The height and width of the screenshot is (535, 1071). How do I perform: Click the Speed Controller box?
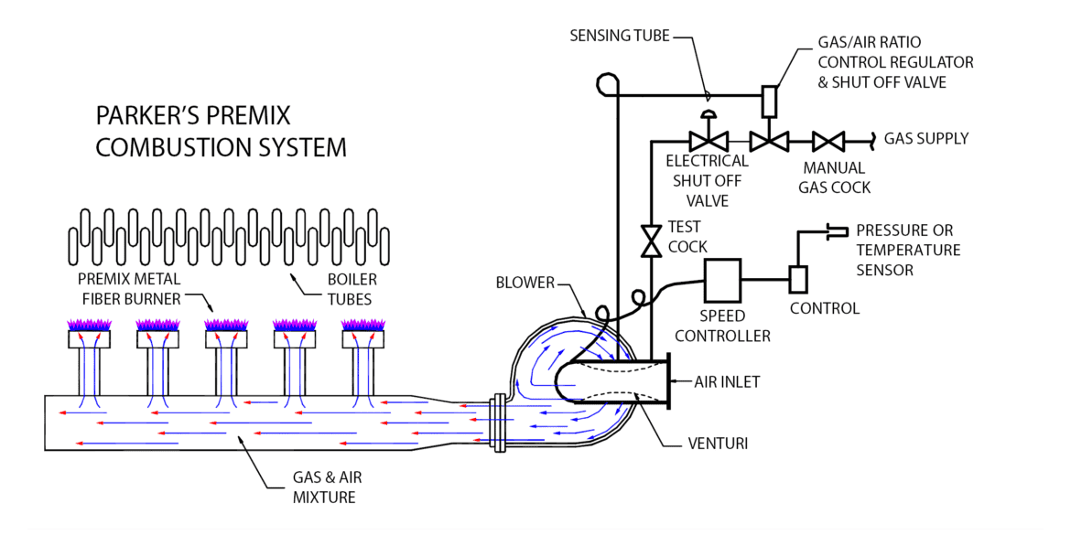pos(722,278)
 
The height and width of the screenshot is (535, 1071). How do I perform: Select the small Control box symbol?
pos(797,278)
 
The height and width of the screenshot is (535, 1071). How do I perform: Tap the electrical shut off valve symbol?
pos(708,141)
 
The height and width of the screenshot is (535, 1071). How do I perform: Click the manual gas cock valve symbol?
pos(828,142)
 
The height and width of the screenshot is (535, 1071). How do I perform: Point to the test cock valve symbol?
pos(651,241)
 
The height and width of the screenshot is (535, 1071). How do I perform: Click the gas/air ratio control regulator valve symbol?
pos(768,141)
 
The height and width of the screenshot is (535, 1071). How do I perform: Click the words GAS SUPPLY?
pos(925,139)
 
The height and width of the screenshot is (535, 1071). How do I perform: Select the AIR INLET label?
pos(728,381)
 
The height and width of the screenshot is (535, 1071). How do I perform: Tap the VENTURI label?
pos(718,444)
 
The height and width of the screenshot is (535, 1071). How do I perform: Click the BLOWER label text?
pos(525,283)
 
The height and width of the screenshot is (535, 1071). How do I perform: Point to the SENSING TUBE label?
pos(620,36)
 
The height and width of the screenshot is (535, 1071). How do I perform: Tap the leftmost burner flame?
pos(90,324)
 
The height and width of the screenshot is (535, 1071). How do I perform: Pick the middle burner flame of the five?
pos(227,324)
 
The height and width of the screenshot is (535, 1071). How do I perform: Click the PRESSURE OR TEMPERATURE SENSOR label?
pos(908,250)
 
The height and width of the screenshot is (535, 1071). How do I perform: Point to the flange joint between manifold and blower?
pos(498,423)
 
